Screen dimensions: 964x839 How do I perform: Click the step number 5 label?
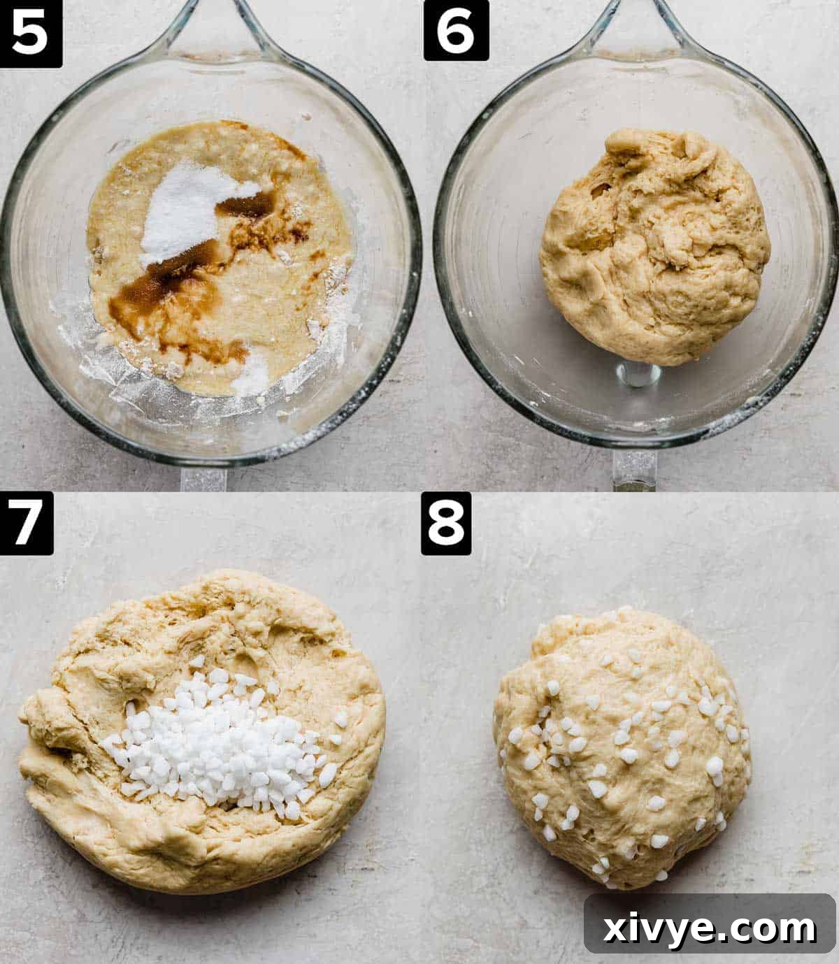[31, 33]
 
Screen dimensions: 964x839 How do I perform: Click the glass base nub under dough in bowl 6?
[638, 374]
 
